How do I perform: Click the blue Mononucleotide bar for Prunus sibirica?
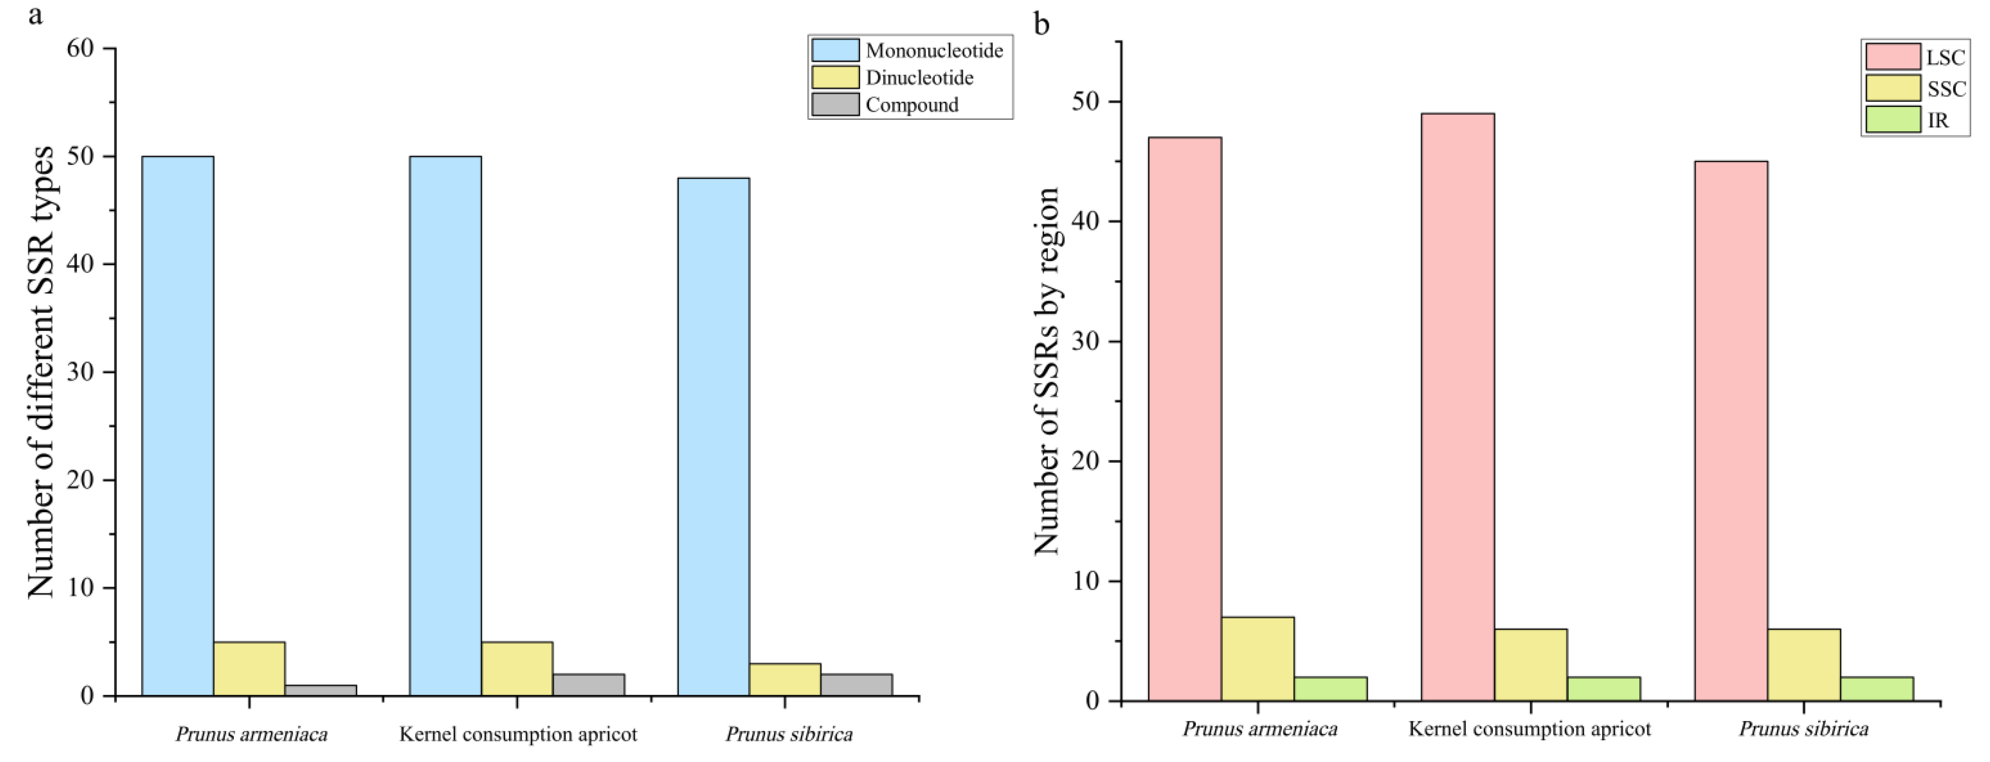click(x=713, y=436)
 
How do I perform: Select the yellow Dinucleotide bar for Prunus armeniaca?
click(x=249, y=669)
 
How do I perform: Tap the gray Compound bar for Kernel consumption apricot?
click(x=589, y=685)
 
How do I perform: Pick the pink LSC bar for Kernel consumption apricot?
click(x=1458, y=407)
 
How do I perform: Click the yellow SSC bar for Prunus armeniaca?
click(x=1258, y=658)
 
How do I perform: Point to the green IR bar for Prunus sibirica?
click(x=1876, y=688)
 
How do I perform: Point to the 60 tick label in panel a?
click(x=80, y=49)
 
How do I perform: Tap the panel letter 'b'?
click(x=1041, y=25)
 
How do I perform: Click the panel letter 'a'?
click(x=35, y=14)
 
